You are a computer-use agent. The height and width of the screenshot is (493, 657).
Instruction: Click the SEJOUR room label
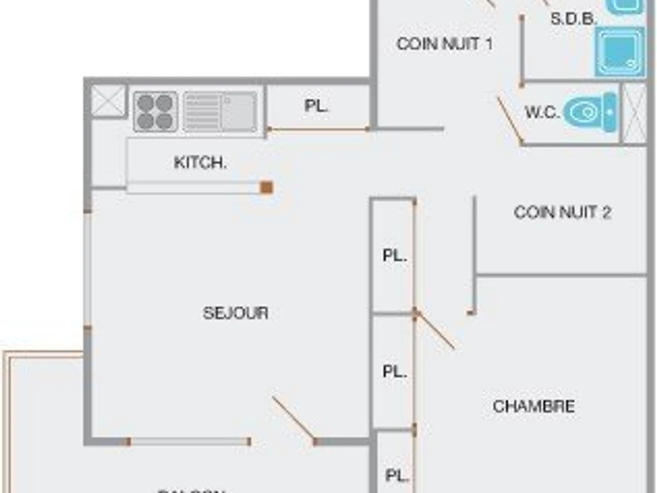(x=235, y=313)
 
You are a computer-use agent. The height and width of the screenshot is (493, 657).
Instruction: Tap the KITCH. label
(x=200, y=163)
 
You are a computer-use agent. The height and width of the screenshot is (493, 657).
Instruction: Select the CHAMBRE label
(x=534, y=406)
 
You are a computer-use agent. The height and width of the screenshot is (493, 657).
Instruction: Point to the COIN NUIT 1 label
(x=444, y=44)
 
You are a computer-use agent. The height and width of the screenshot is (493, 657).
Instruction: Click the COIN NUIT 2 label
(x=562, y=212)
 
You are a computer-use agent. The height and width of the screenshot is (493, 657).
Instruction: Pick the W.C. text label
(x=542, y=113)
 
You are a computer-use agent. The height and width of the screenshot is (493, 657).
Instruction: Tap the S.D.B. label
(x=573, y=19)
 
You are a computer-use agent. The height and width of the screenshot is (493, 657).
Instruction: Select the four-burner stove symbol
(x=155, y=112)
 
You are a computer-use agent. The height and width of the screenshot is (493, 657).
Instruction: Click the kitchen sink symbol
(x=220, y=112)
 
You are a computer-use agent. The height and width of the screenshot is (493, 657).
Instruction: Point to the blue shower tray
(x=620, y=51)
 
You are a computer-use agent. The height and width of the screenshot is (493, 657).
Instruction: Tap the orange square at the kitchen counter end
(x=267, y=187)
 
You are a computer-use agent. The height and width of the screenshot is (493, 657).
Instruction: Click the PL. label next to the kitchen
(x=316, y=106)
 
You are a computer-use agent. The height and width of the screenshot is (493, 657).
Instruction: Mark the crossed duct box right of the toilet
(x=635, y=113)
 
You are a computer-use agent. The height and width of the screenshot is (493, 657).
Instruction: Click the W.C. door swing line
(x=510, y=121)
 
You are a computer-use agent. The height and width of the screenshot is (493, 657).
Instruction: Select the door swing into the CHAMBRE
(x=435, y=330)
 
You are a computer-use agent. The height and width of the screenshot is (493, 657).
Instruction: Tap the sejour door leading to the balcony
(x=293, y=419)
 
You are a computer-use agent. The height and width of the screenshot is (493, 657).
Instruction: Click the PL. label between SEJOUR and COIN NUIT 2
(x=394, y=256)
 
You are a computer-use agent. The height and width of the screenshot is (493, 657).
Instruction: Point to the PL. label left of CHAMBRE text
(x=394, y=371)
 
